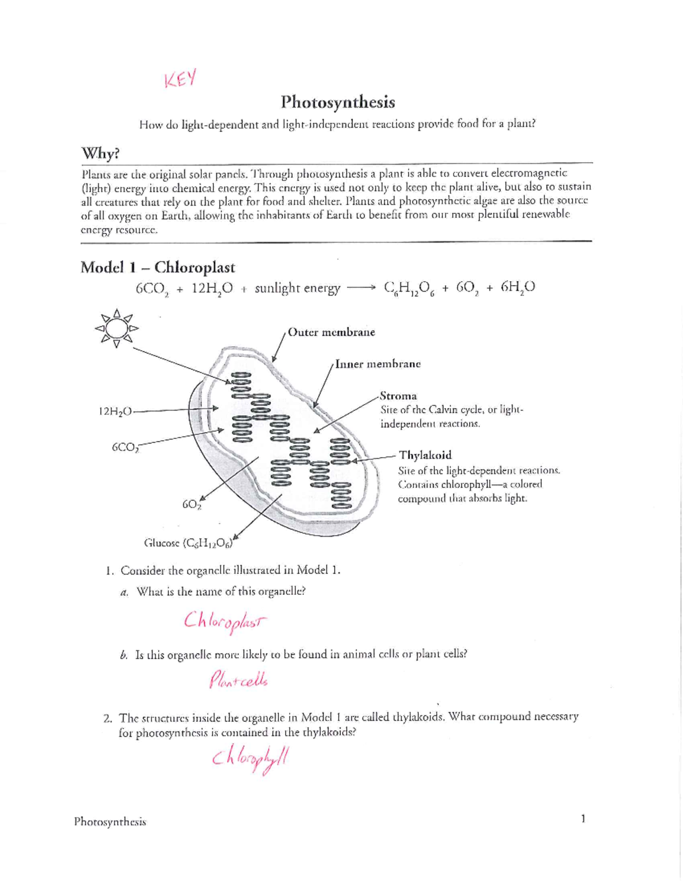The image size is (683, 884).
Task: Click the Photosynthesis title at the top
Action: pos(338,102)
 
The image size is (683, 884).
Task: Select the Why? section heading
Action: pos(102,154)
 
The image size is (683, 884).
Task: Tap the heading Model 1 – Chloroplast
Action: pos(158,267)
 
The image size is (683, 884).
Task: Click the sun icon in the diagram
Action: pos(117,328)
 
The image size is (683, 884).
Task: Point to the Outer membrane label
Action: pos(331,332)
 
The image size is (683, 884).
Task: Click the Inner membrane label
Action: pos(378,364)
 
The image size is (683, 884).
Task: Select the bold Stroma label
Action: pos(398,396)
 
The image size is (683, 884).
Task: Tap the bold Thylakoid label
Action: pos(425,455)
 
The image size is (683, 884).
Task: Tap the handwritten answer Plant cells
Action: pos(238,680)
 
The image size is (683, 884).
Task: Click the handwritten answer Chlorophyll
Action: pos(250,759)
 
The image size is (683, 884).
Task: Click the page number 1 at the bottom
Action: pos(583,819)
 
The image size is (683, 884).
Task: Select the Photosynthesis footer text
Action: pos(110,822)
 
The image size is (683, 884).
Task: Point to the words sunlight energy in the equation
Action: pos(297,289)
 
